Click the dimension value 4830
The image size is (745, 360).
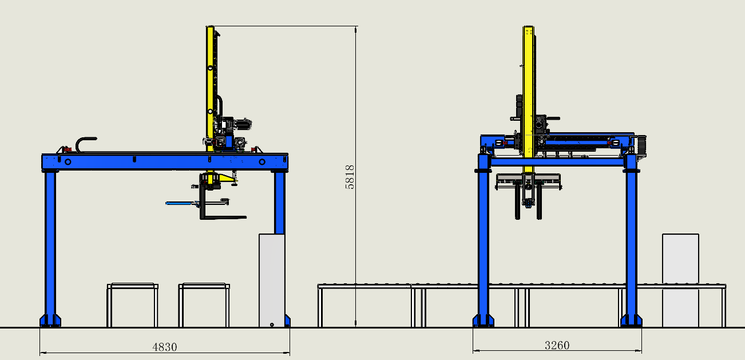tap(165, 347)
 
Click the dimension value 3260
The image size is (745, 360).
tap(557, 345)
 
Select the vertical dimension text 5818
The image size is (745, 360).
tap(350, 177)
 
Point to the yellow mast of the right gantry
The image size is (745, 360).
tap(528, 99)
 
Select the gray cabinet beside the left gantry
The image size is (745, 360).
tap(272, 280)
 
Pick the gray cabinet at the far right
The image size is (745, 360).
tap(680, 280)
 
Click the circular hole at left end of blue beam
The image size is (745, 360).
tap(68, 162)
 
